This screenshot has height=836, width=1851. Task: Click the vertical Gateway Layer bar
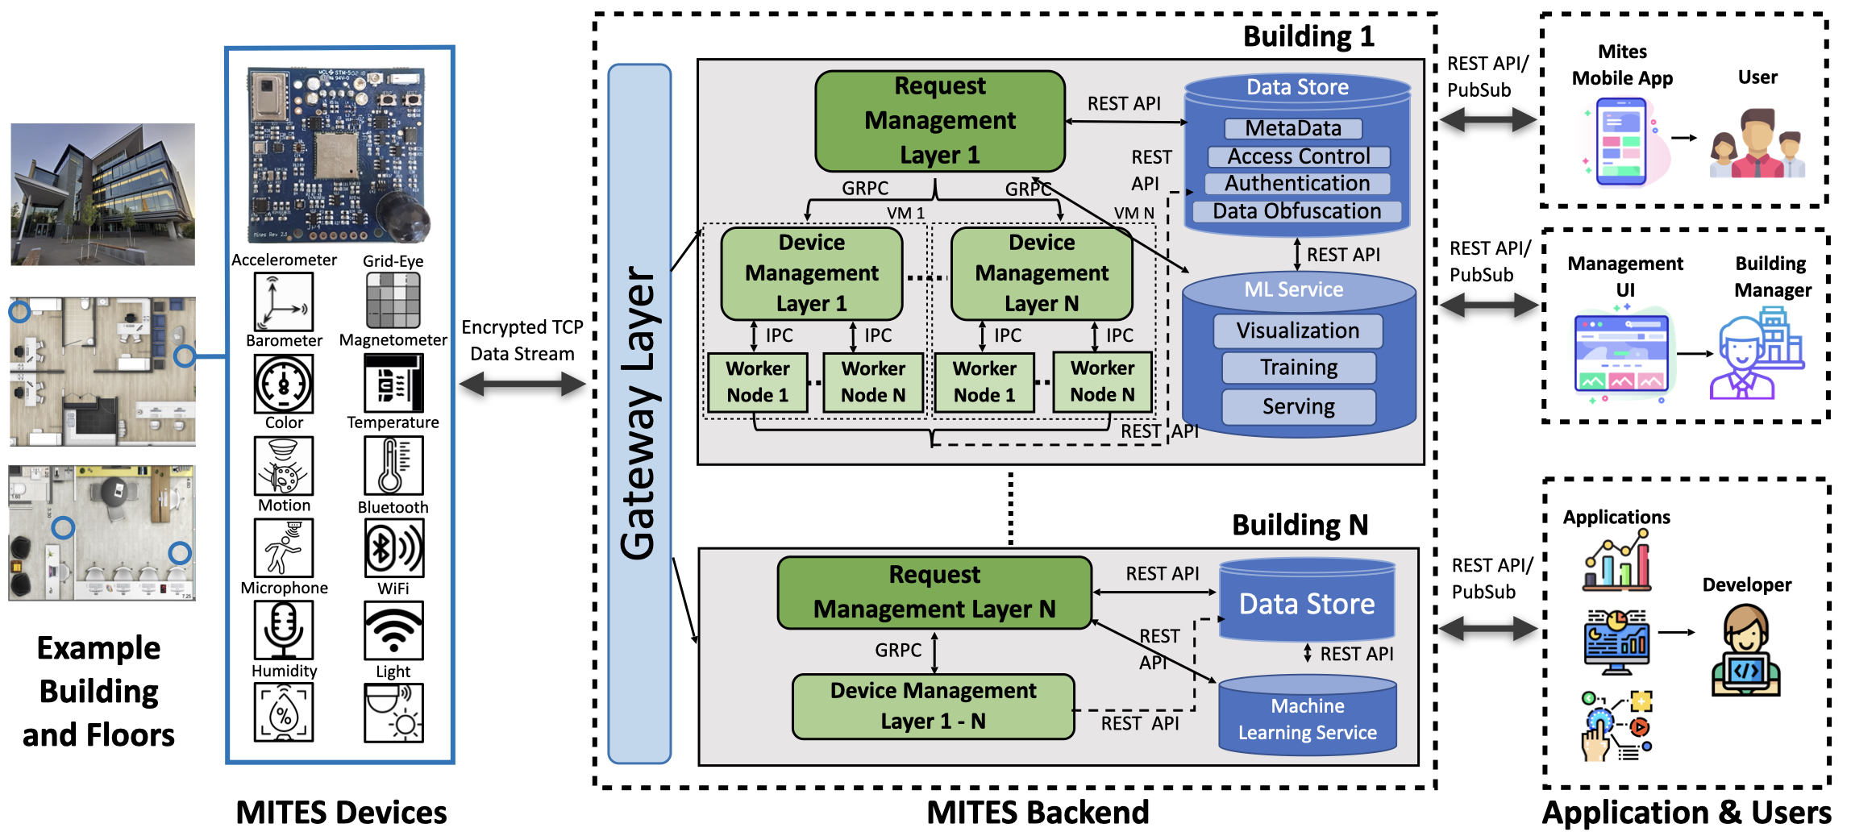click(639, 413)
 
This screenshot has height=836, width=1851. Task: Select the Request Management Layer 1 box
click(939, 121)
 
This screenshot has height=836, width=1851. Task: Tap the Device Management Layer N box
click(1041, 273)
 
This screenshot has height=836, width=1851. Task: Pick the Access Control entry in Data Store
click(1298, 156)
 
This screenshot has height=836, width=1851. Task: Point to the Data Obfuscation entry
click(1296, 211)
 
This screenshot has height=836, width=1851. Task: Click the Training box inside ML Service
click(1298, 368)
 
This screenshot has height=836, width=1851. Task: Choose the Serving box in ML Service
click(1298, 406)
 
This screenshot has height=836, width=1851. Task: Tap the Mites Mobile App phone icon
click(1621, 141)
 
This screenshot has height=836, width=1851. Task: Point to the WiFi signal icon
click(393, 631)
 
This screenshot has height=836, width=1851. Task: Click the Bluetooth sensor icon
click(393, 548)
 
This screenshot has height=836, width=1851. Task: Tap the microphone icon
click(284, 630)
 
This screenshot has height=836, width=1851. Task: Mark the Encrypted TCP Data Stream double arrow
click(522, 385)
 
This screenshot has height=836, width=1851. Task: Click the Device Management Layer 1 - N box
click(933, 706)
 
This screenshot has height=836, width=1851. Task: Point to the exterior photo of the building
click(102, 194)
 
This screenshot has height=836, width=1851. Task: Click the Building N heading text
click(1300, 526)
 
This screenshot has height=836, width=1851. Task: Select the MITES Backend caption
click(1038, 813)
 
